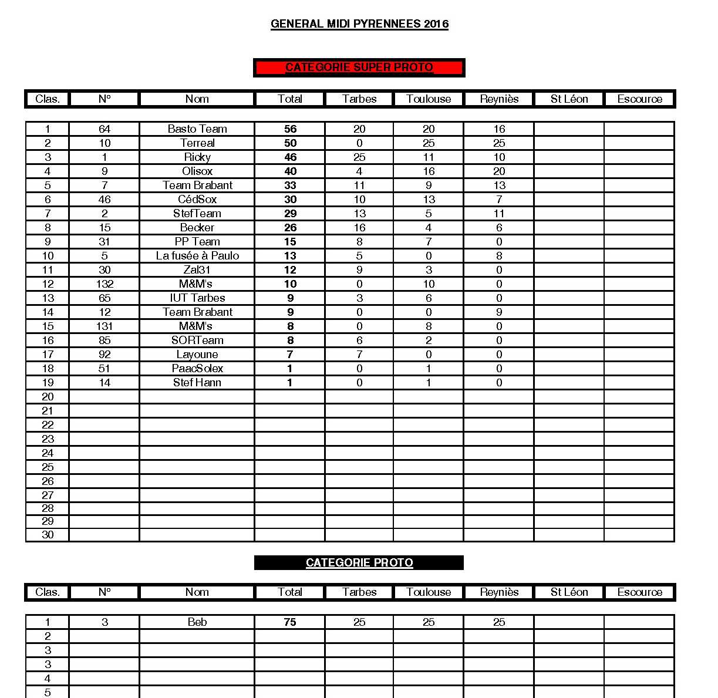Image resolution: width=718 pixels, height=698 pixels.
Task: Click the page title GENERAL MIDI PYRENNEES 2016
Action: (359, 24)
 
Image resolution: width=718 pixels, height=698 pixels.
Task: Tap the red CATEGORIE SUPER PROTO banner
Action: (359, 68)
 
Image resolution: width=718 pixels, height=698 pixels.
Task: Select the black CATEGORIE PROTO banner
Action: (359, 562)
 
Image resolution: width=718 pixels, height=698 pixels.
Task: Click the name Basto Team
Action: (197, 129)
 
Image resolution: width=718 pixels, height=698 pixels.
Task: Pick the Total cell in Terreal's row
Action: (290, 143)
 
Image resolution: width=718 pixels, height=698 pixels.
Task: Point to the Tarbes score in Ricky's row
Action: (359, 157)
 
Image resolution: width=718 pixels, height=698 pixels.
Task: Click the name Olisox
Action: (197, 171)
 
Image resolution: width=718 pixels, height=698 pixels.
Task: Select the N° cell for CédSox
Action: (105, 200)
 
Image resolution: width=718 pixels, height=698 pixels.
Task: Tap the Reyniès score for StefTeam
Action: (499, 214)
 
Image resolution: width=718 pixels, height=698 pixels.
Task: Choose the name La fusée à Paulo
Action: (197, 256)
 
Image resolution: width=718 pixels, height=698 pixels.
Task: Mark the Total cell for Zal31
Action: (290, 270)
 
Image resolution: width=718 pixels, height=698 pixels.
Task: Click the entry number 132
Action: (105, 284)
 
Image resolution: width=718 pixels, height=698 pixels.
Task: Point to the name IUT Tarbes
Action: (197, 298)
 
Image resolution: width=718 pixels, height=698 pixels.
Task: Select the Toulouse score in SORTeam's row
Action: (429, 340)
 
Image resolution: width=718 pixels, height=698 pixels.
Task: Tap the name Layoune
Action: (197, 355)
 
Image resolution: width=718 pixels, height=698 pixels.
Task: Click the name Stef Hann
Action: (197, 383)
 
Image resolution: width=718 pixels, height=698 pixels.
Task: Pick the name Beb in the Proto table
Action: (197, 622)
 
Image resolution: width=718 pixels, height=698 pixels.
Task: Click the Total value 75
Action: (290, 622)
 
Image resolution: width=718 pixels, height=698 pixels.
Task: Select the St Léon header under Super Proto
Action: (569, 99)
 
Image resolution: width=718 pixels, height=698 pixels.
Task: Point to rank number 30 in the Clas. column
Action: (48, 535)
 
